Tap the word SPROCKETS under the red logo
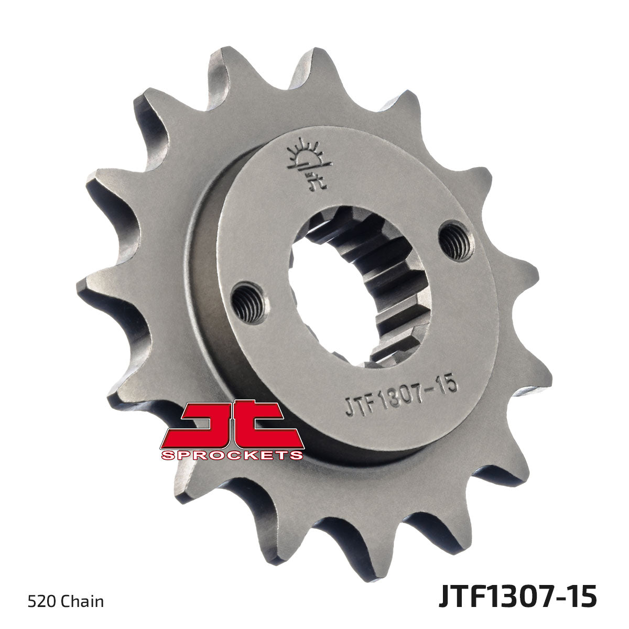tap(232, 455)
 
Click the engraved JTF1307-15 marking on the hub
tap(402, 394)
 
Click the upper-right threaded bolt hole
tap(456, 241)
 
